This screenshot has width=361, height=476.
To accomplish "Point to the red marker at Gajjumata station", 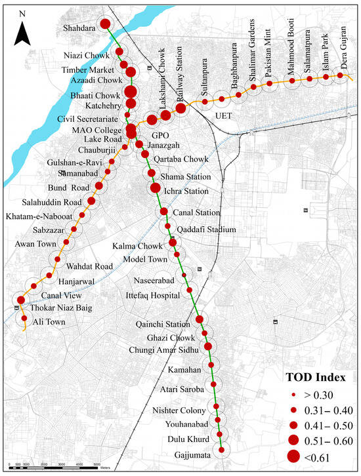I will pyautogui.click(x=222, y=450).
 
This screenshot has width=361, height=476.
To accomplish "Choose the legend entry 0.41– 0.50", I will pyautogui.click(x=328, y=424).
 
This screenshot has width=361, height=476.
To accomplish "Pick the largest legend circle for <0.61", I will pyautogui.click(x=293, y=455).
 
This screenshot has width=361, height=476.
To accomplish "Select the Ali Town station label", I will pyautogui.click(x=49, y=321).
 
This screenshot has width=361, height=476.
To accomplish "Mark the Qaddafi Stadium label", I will pyautogui.click(x=206, y=229).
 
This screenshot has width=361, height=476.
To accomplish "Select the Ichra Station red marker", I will pyautogui.click(x=156, y=189).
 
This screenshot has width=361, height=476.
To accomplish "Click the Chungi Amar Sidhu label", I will pyautogui.click(x=169, y=349).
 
